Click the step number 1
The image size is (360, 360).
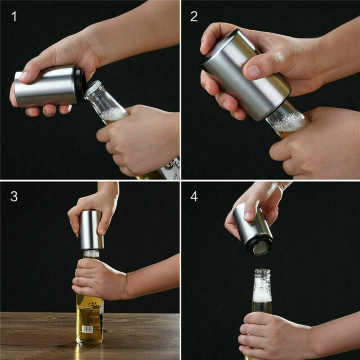pyautogui.click(x=14, y=17)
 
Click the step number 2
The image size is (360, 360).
pyautogui.click(x=194, y=17)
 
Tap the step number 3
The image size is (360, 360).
pyautogui.click(x=14, y=196)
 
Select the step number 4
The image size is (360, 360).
pyautogui.click(x=194, y=196)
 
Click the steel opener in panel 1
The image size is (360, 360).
pyautogui.click(x=46, y=86)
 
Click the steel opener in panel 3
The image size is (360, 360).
pyautogui.click(x=91, y=229)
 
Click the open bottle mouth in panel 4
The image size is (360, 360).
pyautogui.click(x=262, y=272)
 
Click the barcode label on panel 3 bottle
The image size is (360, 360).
pyautogui.click(x=88, y=329)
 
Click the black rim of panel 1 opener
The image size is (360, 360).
pyautogui.click(x=79, y=85)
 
